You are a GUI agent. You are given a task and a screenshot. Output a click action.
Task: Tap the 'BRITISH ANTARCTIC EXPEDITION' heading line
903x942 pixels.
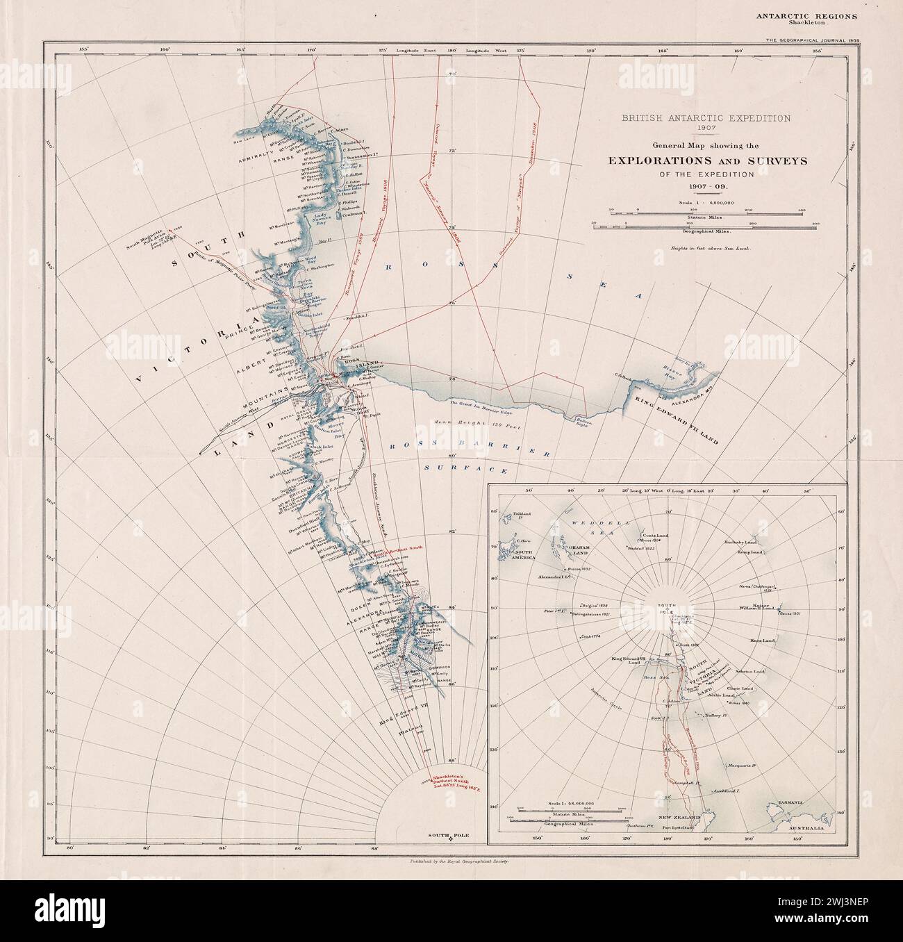tap(706, 119)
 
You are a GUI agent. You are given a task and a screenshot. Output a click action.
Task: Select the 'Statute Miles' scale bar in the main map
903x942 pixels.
tap(706, 216)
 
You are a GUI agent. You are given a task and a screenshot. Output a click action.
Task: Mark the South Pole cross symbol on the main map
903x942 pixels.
tap(451, 841)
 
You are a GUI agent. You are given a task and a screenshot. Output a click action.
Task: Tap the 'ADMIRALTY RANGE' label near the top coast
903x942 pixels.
tap(257, 158)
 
